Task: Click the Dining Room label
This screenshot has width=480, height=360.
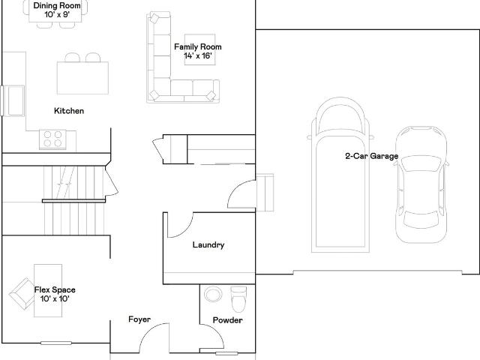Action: [58, 9]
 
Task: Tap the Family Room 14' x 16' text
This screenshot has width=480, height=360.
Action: [198, 51]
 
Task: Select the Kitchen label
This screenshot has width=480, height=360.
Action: [69, 111]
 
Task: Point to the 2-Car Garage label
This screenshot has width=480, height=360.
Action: [371, 157]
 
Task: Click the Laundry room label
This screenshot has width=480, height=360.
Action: [208, 245]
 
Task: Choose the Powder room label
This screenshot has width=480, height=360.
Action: [227, 320]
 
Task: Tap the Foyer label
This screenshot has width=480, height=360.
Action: [139, 319]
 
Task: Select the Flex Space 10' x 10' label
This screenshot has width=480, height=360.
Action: [54, 294]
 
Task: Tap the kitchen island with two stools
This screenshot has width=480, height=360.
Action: [82, 75]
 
